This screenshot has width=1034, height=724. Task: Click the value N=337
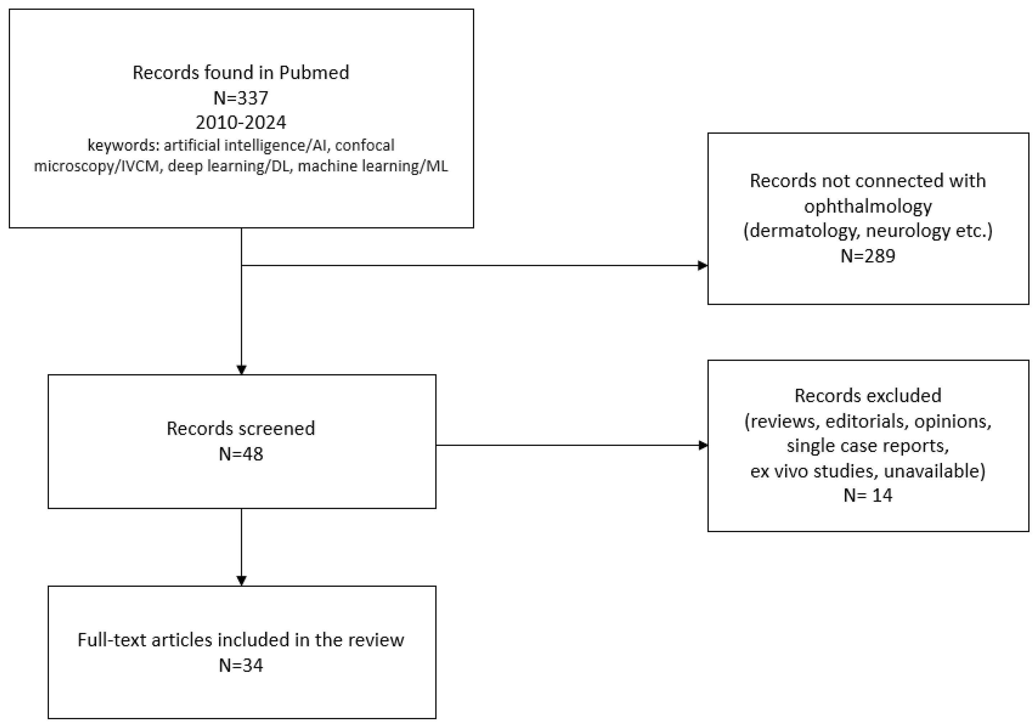point(240,98)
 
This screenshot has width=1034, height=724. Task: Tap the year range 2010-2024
point(240,123)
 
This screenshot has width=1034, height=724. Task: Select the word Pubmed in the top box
point(314,73)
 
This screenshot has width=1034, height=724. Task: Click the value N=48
point(240,453)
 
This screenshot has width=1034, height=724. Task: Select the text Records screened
point(240,428)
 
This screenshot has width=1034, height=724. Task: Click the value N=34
point(240,665)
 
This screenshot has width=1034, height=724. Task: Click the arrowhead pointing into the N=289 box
point(703,266)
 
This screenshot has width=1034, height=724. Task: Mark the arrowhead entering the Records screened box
point(242,370)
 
